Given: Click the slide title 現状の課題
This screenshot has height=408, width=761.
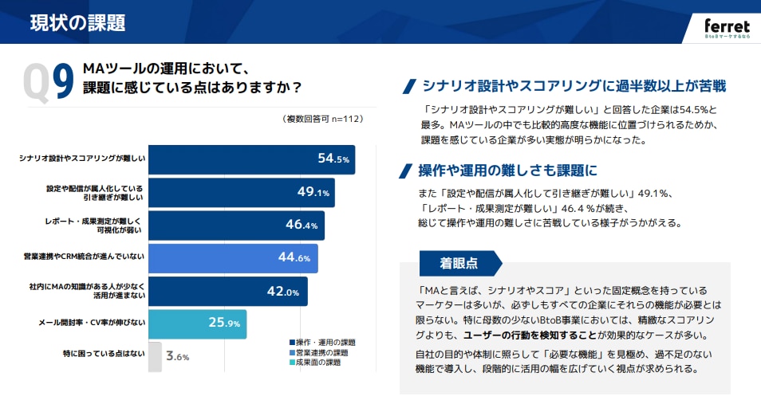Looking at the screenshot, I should pos(77,22).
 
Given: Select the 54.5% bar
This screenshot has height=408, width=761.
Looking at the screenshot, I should pos(251,159).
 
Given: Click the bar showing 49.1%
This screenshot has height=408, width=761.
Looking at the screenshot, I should pos(241,192).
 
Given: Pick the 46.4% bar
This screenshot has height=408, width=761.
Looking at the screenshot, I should pos(236,225).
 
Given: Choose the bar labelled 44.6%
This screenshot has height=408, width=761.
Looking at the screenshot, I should pos(233,258).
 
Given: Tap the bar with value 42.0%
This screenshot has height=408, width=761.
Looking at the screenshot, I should pos(227,291).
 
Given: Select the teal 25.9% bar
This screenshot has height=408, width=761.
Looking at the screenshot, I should pos(197,324).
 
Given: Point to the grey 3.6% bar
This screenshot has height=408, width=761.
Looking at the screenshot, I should pos(155,356).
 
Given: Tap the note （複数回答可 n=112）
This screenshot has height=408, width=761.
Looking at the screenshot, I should pos(322,119).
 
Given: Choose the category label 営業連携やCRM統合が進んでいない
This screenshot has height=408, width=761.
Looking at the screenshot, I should pos(84,258).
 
